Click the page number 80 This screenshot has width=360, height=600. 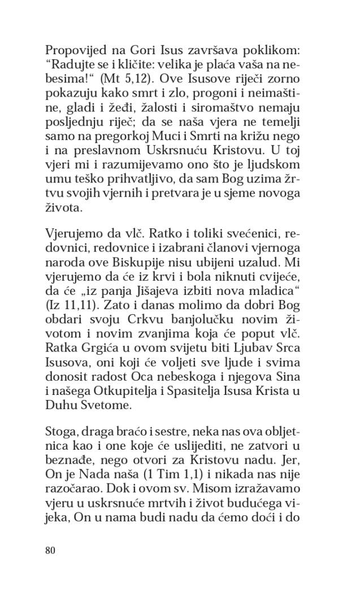(50, 550)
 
